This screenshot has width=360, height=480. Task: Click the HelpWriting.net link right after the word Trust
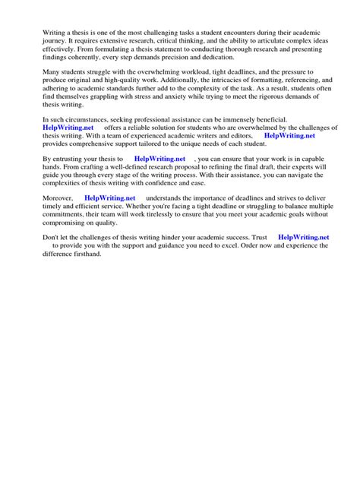(x=304, y=237)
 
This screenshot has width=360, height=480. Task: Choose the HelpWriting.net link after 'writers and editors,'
(x=289, y=136)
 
